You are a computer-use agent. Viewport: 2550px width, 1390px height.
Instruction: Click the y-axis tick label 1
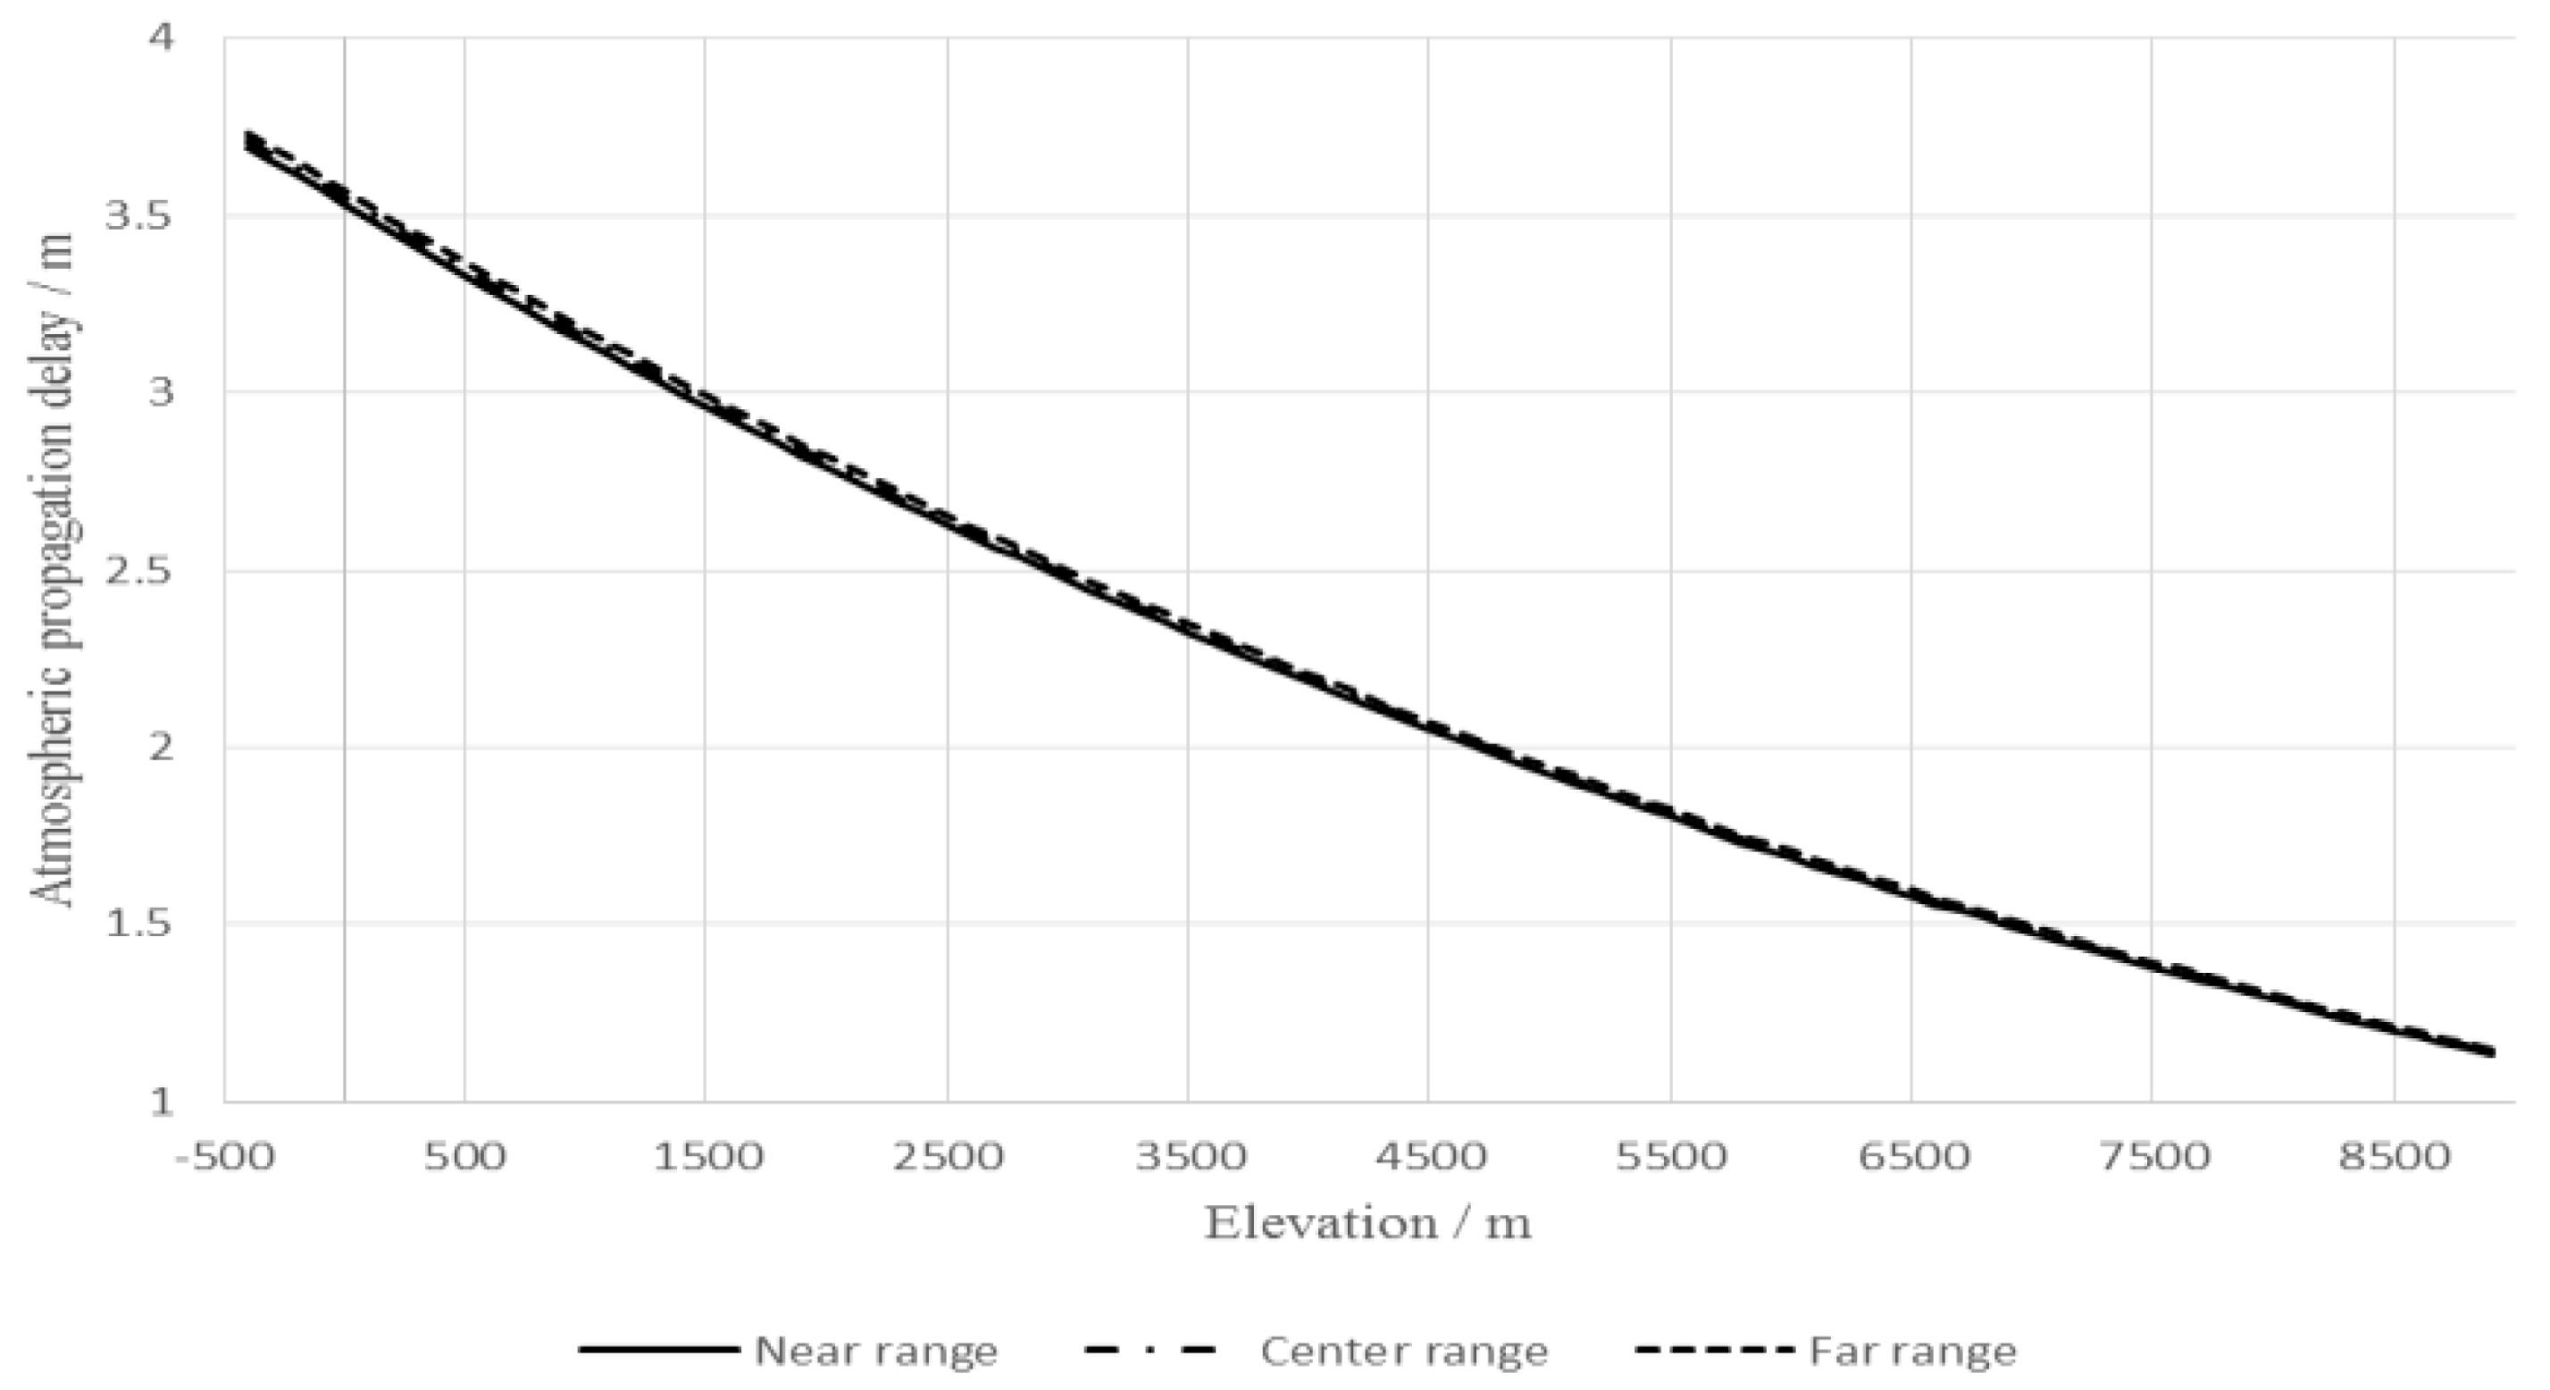(161, 1101)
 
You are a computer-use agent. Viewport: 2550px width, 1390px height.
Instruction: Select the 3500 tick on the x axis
(1189, 1155)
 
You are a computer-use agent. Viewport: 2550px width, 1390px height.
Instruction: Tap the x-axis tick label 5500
(1671, 1155)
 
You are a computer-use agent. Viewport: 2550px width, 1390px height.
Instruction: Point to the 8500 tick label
(2394, 1155)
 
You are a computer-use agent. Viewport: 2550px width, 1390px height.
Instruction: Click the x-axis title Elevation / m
(1368, 1224)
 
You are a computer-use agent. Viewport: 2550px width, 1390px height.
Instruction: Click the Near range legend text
(876, 1351)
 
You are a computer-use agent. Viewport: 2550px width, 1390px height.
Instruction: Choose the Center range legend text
(1404, 1351)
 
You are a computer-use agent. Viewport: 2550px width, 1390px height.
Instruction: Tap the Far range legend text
(1912, 1351)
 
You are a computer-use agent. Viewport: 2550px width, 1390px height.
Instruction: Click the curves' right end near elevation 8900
(2487, 1051)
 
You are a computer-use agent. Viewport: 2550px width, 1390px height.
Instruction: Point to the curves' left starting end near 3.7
(247, 141)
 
